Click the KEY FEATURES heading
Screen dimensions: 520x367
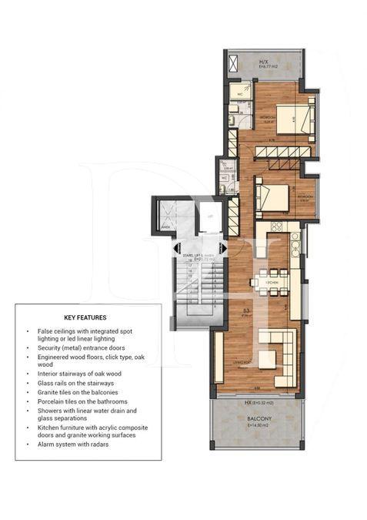[x=85, y=317]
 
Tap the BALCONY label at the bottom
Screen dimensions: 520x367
[x=264, y=420]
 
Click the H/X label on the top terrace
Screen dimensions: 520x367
[x=264, y=62]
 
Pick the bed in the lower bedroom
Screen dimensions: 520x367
[x=271, y=196]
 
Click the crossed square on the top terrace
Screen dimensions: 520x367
[x=234, y=61]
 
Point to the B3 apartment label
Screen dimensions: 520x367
[x=245, y=309]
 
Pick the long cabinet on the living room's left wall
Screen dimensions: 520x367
[x=220, y=354]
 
